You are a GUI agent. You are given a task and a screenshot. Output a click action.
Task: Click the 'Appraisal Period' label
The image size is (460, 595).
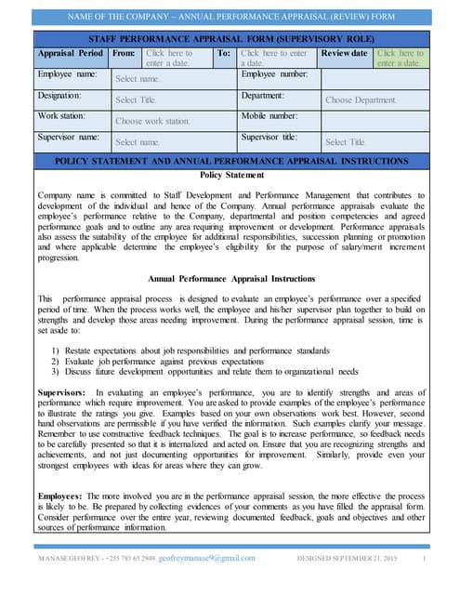(x=70, y=54)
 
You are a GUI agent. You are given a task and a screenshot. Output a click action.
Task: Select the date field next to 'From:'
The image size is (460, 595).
(x=177, y=58)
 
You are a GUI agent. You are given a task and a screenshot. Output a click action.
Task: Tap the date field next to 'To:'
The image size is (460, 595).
(x=276, y=58)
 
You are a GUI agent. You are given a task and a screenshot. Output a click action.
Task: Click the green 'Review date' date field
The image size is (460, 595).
(x=401, y=58)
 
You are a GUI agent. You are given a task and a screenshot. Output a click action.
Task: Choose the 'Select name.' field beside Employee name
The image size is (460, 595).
(x=138, y=80)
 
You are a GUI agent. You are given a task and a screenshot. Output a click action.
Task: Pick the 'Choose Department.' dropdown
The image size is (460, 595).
(x=361, y=99)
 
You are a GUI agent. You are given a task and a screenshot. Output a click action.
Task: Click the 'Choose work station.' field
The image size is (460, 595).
(x=152, y=121)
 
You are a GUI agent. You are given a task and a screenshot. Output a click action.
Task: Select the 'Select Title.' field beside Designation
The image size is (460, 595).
(x=136, y=99)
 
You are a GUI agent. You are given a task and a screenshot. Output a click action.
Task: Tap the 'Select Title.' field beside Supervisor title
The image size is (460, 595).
(x=346, y=142)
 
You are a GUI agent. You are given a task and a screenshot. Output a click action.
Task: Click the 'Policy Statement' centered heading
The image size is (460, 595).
(x=231, y=175)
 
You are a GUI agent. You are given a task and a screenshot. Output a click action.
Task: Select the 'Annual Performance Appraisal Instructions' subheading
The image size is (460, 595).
(x=231, y=279)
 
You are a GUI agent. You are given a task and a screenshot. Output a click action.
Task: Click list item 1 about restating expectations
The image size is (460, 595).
(x=191, y=350)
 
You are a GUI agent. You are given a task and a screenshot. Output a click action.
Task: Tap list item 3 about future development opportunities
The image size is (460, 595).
(x=204, y=371)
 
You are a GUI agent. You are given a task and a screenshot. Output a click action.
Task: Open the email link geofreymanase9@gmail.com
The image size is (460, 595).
(x=207, y=558)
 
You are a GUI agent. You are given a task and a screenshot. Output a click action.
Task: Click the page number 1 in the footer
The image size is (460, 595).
(x=424, y=558)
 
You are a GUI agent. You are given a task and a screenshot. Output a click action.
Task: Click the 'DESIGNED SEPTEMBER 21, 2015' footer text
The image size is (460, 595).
(x=346, y=558)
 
